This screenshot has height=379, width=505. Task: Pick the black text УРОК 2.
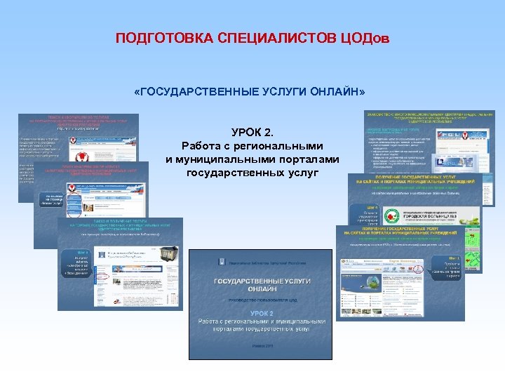(x=252, y=133)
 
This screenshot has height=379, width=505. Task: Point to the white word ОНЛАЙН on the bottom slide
(x=261, y=288)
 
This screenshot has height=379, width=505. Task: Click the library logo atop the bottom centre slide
(x=223, y=261)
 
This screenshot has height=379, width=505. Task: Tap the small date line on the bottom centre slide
(x=261, y=345)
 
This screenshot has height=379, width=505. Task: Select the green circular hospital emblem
(x=390, y=215)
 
